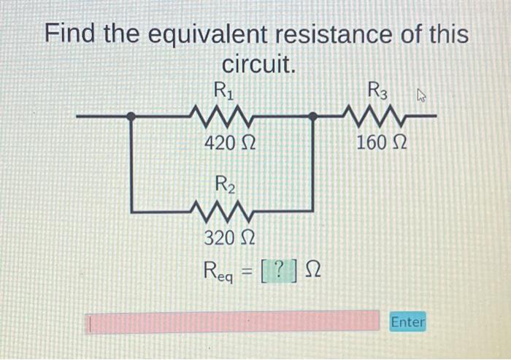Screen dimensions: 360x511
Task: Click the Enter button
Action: coord(407,321)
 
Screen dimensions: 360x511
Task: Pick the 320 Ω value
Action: coord(228,237)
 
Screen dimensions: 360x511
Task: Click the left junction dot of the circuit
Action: coord(131,115)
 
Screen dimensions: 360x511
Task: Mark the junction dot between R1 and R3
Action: coord(312,115)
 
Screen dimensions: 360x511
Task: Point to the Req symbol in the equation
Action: coord(222,272)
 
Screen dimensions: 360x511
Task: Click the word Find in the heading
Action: coord(74,34)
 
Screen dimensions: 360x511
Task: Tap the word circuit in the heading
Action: coord(258,66)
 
